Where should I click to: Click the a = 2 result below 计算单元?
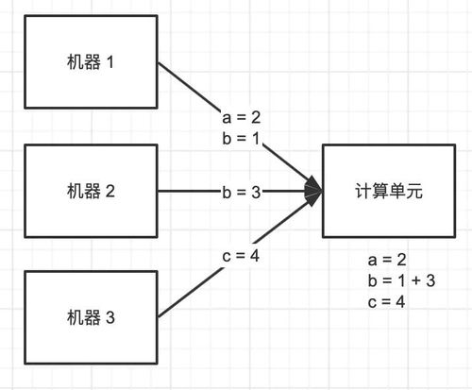click(x=389, y=259)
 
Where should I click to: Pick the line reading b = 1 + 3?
click(x=402, y=280)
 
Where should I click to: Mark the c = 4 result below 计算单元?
click(x=389, y=301)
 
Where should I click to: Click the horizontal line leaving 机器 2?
click(x=184, y=192)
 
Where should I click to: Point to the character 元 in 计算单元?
click(x=415, y=191)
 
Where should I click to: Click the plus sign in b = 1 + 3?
click(x=418, y=280)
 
